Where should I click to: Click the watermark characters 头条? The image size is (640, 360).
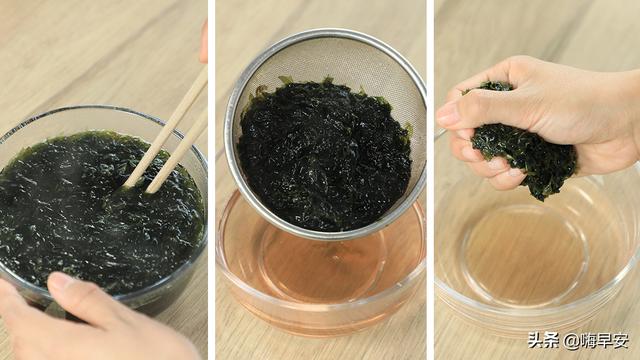(543, 340)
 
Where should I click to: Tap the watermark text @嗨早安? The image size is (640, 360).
(595, 340)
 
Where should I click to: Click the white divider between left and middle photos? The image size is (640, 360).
(212, 180)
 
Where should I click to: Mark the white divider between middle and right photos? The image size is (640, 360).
(430, 180)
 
